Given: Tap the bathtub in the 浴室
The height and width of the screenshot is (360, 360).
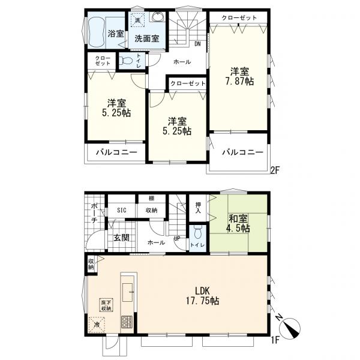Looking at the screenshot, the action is (97, 33).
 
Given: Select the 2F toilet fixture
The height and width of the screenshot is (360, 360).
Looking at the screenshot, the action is (126, 61).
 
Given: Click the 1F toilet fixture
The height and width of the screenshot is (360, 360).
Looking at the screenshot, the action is (197, 233).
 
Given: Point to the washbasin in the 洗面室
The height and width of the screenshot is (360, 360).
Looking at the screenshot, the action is (158, 17).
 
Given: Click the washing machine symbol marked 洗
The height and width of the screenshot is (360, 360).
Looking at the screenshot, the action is (137, 20).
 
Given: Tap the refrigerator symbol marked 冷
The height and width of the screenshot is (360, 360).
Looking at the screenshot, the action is (97, 325).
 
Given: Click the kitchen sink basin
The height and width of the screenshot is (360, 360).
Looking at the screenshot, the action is (128, 292).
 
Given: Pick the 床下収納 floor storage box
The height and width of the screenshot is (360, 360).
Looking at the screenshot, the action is (106, 305).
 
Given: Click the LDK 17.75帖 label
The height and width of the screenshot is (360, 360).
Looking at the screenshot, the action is (202, 296).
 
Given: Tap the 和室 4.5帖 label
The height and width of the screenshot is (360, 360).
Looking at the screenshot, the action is (239, 224).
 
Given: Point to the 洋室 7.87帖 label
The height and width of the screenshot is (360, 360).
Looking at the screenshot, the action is (239, 77).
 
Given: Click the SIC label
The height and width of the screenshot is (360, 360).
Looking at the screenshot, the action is (121, 210).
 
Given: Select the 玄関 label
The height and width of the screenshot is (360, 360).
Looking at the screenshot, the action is (121, 238).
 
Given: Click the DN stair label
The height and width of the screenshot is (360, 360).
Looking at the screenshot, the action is (197, 44).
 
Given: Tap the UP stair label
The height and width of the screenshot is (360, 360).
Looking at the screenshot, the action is (177, 239).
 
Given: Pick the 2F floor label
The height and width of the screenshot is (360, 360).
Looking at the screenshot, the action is (275, 170).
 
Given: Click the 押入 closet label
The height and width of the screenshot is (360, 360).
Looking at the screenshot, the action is (198, 208).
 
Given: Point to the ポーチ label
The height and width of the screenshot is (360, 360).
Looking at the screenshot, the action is (94, 213).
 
